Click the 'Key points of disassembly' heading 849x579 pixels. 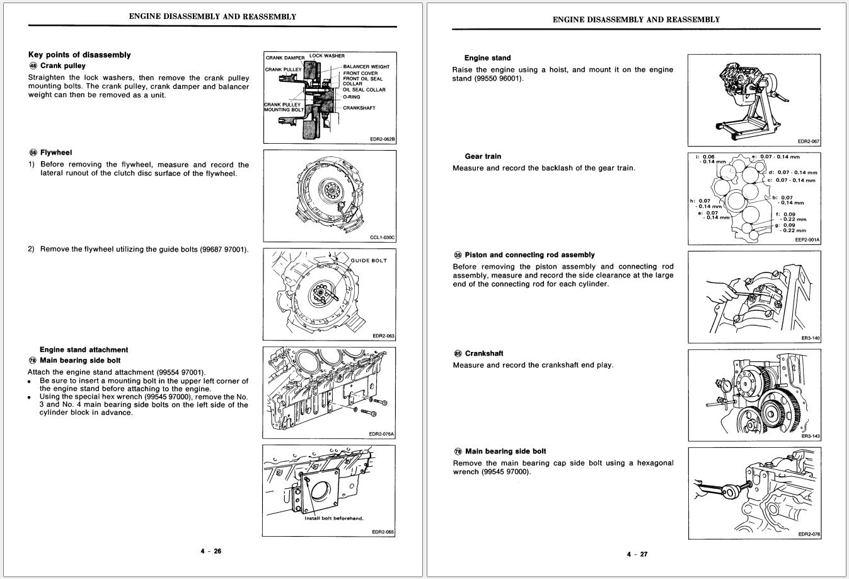coord(79,55)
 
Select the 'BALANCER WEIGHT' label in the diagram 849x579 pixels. coord(366,67)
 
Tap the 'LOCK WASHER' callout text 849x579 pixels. coord(326,56)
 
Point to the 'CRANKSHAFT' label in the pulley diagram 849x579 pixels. coord(359,108)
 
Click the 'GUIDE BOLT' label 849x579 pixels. coord(369,260)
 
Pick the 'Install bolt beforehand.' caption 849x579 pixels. coord(334,518)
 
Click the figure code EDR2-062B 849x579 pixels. coord(382,139)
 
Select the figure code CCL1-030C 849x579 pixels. coord(382,238)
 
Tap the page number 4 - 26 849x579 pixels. coord(211,551)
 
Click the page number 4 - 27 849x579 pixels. coord(637,554)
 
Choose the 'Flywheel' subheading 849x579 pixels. coord(56,153)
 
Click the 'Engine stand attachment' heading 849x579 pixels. coord(83,349)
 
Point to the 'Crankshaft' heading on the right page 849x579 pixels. coord(484,353)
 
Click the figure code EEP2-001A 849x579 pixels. coord(807,240)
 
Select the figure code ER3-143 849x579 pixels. coord(811,436)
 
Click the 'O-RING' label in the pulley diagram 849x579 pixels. coord(352,97)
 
